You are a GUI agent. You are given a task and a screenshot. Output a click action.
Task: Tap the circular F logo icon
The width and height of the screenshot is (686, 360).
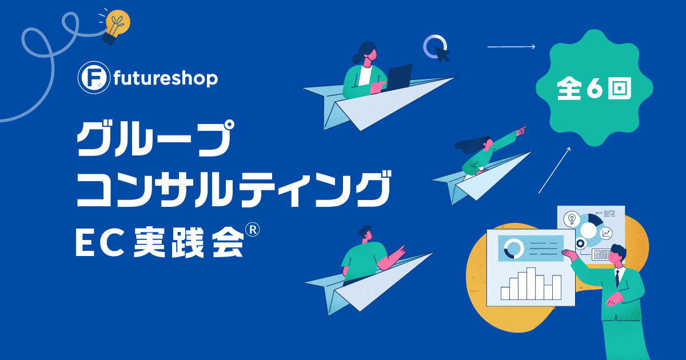click(x=94, y=78)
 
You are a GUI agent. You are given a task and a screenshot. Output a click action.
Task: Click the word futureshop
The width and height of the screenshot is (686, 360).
click(x=166, y=79)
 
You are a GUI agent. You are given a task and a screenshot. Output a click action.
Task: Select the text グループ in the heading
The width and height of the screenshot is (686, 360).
click(x=155, y=138)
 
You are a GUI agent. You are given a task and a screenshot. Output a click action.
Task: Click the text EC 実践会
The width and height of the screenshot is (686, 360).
click(x=159, y=242)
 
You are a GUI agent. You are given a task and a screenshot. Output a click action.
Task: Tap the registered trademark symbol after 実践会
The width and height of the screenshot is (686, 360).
click(x=252, y=230)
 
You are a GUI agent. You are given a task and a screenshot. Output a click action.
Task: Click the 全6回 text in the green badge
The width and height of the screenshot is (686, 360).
click(x=594, y=88)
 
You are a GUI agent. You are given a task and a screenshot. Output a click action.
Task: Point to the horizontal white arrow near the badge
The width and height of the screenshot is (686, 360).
click(x=511, y=47)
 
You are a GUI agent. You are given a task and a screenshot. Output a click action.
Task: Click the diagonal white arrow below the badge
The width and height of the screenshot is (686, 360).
click(x=555, y=170)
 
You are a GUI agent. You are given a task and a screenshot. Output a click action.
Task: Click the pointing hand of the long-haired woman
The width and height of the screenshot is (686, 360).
click(x=521, y=131)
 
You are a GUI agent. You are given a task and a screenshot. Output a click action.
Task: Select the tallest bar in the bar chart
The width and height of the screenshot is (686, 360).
click(x=531, y=283)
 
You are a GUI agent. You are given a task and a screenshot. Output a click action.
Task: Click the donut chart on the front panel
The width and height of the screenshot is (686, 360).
click(x=513, y=249)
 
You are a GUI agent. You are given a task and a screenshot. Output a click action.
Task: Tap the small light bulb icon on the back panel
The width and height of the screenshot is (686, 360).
click(x=572, y=219)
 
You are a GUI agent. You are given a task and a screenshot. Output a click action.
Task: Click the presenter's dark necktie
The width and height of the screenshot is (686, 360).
click(x=617, y=278)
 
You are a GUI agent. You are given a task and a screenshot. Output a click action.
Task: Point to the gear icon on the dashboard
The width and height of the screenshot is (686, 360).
click(x=580, y=243)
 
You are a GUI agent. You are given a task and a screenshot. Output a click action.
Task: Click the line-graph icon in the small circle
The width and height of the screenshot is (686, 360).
click(x=606, y=233)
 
